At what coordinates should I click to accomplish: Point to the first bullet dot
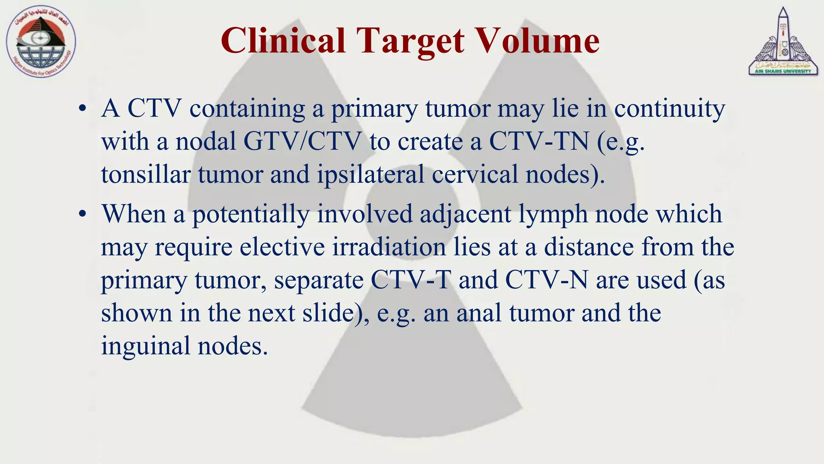pos(82,109)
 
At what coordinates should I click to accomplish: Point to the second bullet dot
pos(82,214)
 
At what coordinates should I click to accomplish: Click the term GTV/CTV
pos(302,142)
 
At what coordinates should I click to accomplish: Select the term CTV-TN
pos(539,142)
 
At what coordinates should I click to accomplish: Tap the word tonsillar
pos(146,175)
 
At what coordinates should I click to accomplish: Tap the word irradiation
pos(389,247)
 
